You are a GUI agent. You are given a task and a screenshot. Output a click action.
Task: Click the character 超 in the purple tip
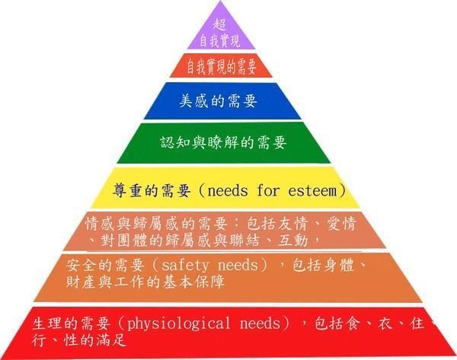coord(219,24)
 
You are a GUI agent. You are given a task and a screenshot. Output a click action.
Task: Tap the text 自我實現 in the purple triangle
coord(220,41)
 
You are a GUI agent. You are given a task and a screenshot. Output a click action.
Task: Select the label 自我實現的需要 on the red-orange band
coord(221,66)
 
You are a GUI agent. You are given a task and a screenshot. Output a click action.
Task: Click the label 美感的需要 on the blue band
coord(218,101)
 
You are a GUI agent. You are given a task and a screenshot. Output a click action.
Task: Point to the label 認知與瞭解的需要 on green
coord(223,143)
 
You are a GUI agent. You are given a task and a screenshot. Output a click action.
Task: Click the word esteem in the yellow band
coord(312,191)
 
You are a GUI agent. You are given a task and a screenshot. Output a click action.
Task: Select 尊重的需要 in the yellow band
coord(152,191)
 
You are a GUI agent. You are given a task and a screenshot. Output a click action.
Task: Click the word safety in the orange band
coord(185,266)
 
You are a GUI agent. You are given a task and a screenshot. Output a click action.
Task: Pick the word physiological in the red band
coord(178,324)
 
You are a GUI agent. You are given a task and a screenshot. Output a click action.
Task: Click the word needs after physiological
coord(260,323)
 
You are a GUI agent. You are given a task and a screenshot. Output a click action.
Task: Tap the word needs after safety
coord(238,265)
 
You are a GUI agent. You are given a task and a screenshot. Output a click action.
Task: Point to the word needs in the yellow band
coord(228,191)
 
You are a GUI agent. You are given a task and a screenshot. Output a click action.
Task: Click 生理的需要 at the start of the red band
coord(72,323)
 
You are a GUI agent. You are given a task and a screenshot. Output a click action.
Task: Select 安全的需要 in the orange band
coord(105,266)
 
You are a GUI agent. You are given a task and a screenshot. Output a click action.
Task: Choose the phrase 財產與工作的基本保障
coord(145,282)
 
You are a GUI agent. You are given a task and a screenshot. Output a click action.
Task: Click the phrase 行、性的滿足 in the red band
coord(79,340)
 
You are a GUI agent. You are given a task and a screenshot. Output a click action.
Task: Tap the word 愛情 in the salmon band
coord(341,224)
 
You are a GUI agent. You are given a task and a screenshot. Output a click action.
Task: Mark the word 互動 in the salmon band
coord(293,241)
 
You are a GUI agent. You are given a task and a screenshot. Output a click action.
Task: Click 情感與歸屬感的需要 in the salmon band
coord(156,224)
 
